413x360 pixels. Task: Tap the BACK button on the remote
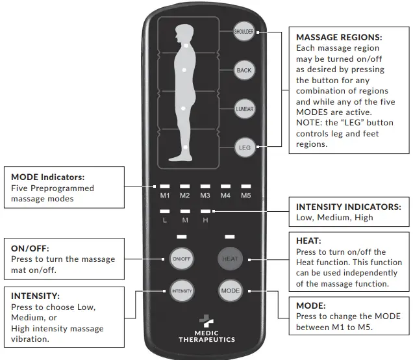pos(244,70)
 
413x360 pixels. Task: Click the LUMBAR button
pos(244,109)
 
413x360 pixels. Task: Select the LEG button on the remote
pos(244,148)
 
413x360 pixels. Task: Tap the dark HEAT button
pos(230,259)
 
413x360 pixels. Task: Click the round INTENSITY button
pos(182,290)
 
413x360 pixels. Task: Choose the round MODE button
pos(230,290)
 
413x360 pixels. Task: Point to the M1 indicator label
pos(165,195)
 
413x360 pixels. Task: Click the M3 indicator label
pos(205,195)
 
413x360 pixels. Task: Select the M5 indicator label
pos(245,195)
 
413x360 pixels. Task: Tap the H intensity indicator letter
pos(205,220)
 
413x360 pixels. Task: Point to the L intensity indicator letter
pos(165,220)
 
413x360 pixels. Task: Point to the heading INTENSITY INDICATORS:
pos(348,207)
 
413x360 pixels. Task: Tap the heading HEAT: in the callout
pos(308,240)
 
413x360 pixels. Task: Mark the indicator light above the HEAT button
pos(230,237)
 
